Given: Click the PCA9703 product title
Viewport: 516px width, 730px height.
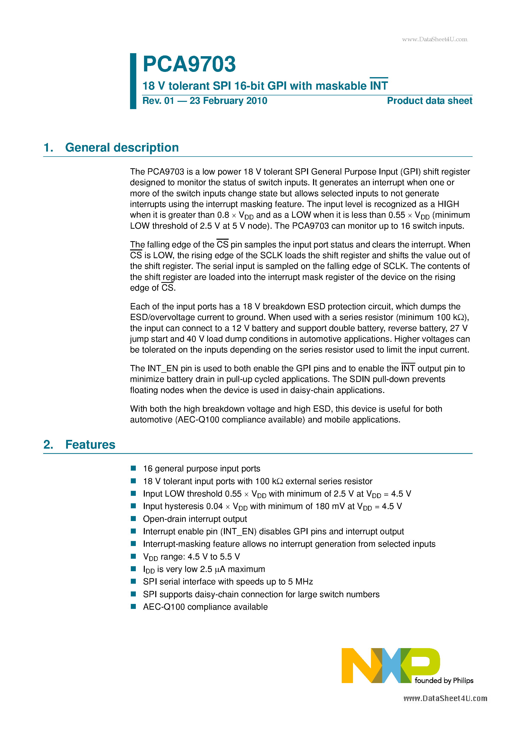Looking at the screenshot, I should [x=189, y=64].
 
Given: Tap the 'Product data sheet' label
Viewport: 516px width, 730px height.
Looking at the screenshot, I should [x=429, y=101].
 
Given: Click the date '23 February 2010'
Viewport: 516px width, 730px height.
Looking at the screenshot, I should [x=228, y=101].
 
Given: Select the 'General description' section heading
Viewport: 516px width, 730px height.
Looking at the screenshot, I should [x=122, y=148].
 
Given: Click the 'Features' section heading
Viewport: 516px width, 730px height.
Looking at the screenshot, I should [x=90, y=444].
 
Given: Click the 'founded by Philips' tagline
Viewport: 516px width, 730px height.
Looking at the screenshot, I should [x=444, y=680].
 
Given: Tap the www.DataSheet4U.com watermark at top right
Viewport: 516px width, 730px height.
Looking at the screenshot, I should [x=434, y=39].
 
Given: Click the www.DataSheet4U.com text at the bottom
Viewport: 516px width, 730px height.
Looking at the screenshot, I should [x=445, y=699].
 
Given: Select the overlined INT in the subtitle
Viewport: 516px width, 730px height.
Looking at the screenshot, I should [x=379, y=86].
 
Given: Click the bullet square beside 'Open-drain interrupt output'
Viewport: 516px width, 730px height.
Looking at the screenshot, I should [x=134, y=519].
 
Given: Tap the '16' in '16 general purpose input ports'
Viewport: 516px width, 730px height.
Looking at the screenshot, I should [x=148, y=469].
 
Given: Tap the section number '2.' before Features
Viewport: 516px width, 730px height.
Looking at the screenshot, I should [x=48, y=444].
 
